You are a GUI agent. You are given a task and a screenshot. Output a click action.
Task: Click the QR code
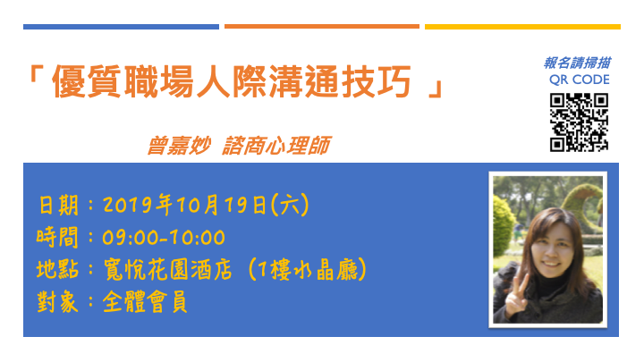579,122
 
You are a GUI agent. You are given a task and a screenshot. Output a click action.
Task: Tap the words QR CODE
579,80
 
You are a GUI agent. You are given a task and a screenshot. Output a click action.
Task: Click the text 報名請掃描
577,63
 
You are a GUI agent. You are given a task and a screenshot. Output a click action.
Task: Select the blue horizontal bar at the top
121,27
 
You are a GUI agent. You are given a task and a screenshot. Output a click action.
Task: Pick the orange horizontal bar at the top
322,26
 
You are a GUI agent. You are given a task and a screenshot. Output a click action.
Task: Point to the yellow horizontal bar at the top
522,27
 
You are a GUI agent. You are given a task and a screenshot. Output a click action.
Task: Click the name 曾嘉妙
179,146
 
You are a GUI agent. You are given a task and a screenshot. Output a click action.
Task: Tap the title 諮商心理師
276,146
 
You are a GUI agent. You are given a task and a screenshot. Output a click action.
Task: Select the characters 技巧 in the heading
377,81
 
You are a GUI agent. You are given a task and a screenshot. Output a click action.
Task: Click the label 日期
58,206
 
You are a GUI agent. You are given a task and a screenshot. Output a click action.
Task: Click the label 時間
57,237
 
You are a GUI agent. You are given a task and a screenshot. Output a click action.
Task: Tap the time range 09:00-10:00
164,238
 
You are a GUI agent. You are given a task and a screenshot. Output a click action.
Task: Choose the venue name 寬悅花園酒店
167,270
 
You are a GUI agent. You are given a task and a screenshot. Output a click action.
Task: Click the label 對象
57,302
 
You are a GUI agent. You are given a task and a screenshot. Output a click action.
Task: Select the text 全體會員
145,302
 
